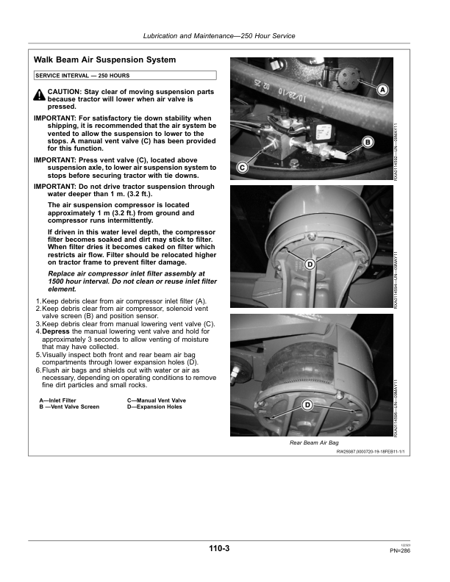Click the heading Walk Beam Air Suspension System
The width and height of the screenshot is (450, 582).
pos(105,59)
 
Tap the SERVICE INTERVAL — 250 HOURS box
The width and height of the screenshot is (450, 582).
pos(125,75)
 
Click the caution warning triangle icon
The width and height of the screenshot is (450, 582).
pos(40,95)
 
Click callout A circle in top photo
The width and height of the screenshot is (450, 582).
pos(382,90)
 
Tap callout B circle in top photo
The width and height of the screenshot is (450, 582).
pos(367,142)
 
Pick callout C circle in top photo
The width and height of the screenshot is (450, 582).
pos(242,168)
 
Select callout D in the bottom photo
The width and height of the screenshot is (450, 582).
pos(307,406)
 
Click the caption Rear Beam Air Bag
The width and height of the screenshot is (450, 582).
pos(314,444)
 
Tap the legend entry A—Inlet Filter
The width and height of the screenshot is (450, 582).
pos(58,400)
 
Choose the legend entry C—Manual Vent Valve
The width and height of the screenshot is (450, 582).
pos(157,400)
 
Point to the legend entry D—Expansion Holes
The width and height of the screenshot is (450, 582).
pos(154,406)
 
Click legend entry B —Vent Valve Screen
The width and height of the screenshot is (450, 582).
pos(69,406)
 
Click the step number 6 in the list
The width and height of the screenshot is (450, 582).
pos(37,370)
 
